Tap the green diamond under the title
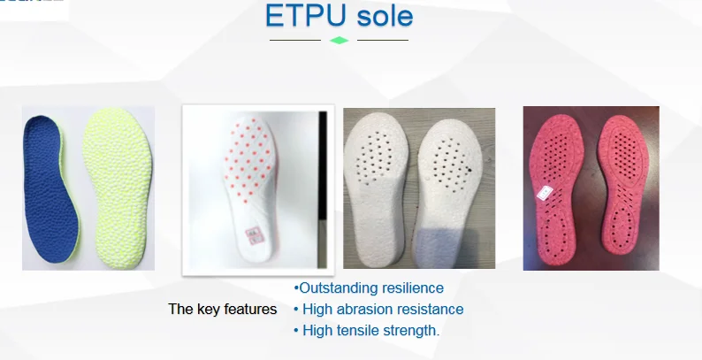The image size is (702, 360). (339, 40)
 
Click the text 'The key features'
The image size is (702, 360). (222, 310)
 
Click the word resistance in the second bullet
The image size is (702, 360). (432, 310)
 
